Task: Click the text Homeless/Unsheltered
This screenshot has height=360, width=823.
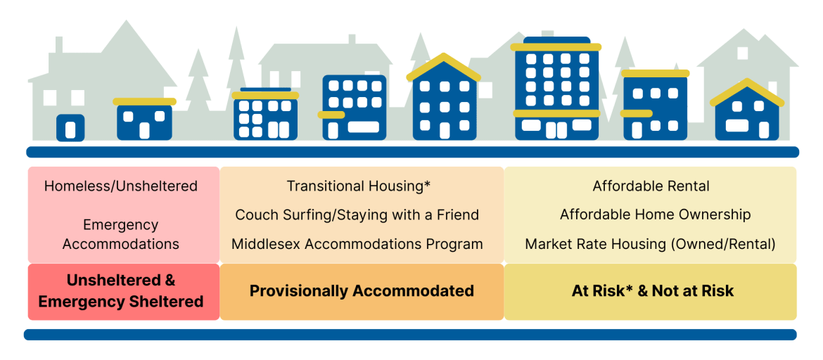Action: (121, 186)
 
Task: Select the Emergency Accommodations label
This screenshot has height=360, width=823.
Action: (121, 235)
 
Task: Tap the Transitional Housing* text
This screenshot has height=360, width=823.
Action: (358, 186)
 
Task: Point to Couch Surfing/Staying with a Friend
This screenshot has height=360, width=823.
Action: (357, 214)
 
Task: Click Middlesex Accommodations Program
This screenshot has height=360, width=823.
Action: (357, 244)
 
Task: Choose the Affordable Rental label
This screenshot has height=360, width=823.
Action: (651, 186)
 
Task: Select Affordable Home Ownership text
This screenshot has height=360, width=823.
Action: (655, 214)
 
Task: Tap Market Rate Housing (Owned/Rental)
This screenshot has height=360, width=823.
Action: (650, 244)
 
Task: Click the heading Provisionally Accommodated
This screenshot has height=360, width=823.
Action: (362, 290)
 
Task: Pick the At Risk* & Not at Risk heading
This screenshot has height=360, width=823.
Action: (652, 290)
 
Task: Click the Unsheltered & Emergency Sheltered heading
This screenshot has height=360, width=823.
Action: (121, 290)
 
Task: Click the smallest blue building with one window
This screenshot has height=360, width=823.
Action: (70, 127)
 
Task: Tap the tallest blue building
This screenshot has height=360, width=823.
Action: (556, 88)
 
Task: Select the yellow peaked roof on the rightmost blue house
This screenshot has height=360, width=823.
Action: (746, 92)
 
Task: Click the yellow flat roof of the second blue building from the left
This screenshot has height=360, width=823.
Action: (144, 102)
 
